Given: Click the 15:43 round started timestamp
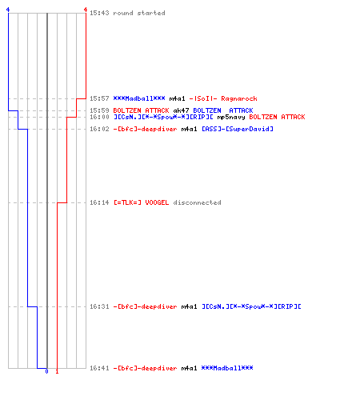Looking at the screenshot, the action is pos(99,13).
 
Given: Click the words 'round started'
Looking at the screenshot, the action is pos(139,13).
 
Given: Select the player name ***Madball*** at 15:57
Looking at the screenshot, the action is pos(139,98).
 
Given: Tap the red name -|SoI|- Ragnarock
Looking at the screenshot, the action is pos(223,98).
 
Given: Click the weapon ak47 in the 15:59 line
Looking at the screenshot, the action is pos(181,110).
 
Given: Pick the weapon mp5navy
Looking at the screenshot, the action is pos(231,117).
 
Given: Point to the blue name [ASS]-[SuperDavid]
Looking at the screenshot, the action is pos(237,129).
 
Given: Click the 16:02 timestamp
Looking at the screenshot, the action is pos(99,129).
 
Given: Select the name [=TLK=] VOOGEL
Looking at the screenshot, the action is pos(141,202).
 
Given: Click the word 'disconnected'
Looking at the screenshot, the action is pos(197,202).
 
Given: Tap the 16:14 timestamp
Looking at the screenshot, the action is pos(99,202).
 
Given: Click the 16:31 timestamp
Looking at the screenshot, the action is pos(99,306).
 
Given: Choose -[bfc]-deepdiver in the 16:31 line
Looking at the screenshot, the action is pos(145,306).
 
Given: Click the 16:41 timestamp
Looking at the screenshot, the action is pos(99,368).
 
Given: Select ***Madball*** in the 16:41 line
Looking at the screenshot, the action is pos(227,368).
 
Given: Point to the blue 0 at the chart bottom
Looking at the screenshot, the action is pos(46,371).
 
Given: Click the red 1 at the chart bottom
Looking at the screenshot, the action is pos(57,371).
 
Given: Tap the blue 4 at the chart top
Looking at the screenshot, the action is pos(8,10).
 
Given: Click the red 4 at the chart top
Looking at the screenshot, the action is pos(86,10).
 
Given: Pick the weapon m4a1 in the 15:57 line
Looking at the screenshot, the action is pos(177,98).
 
